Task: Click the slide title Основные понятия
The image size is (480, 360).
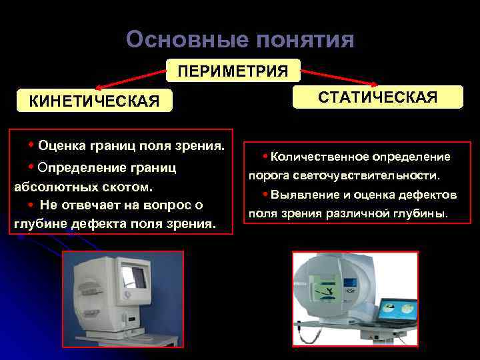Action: click(x=239, y=40)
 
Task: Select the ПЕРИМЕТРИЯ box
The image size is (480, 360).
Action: click(x=233, y=70)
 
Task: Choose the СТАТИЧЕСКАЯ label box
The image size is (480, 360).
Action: click(x=377, y=97)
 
